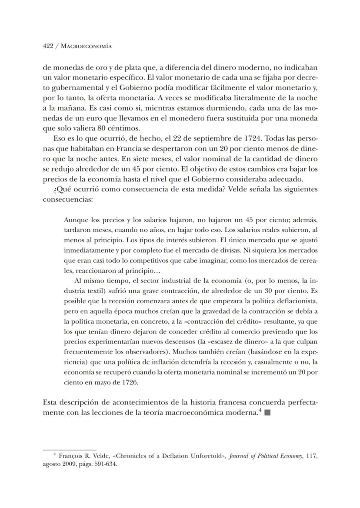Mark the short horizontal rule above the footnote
pos(69,449)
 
